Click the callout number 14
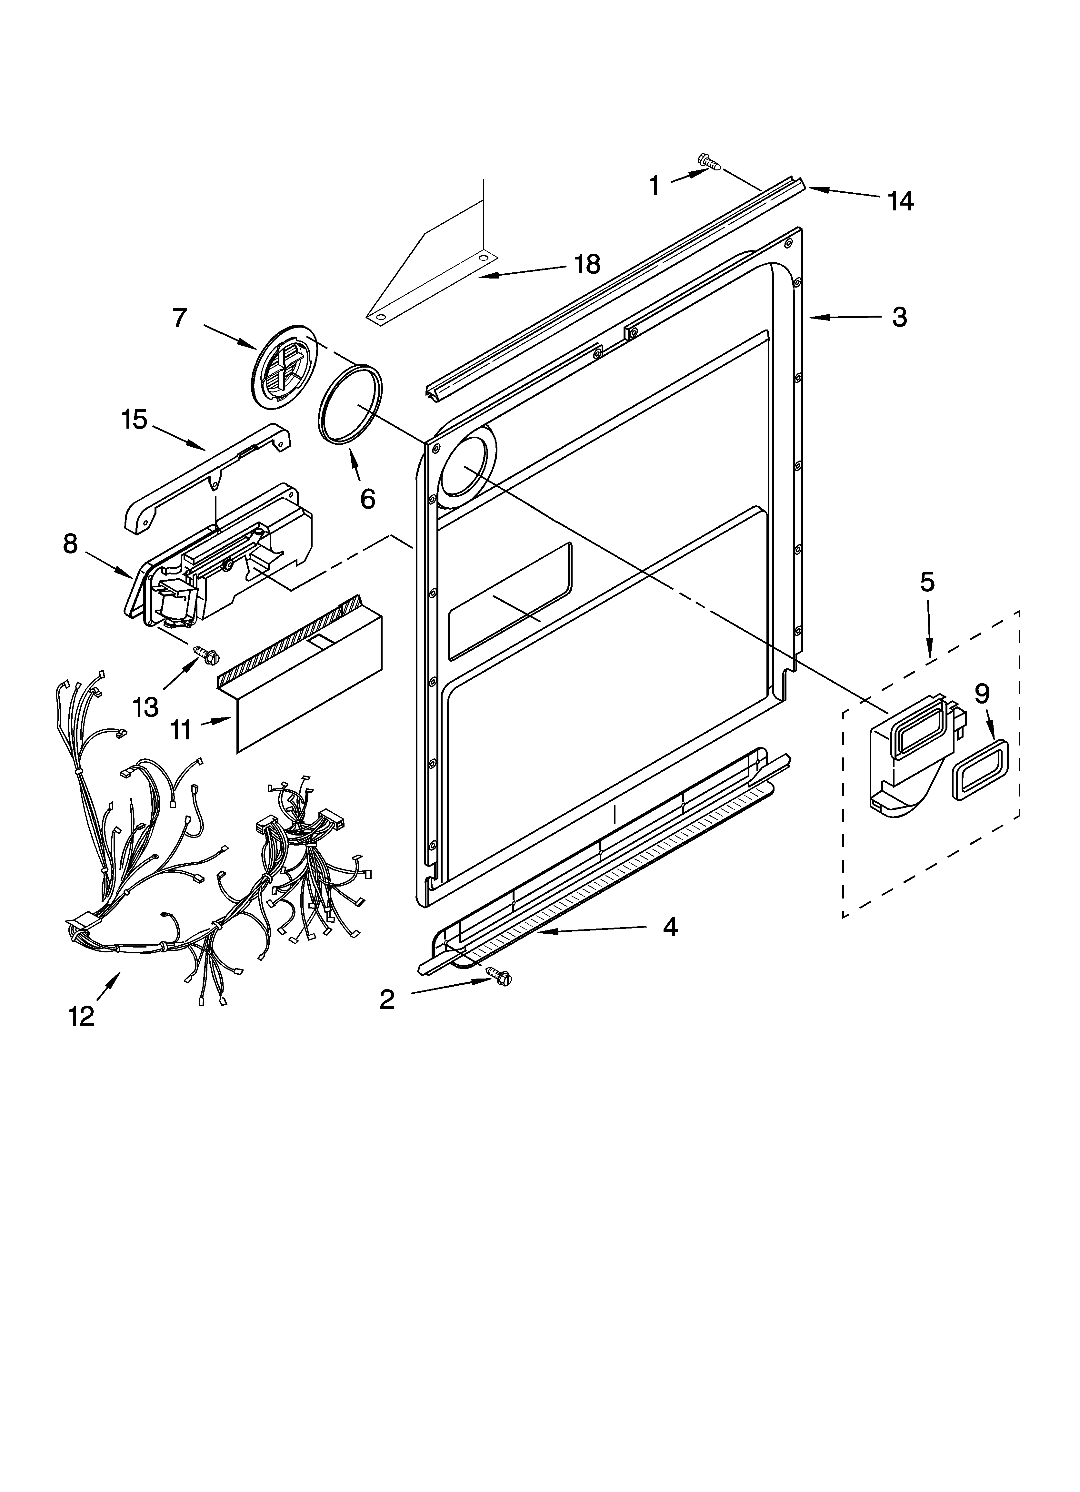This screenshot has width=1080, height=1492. [x=900, y=201]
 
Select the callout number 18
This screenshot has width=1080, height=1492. [x=587, y=264]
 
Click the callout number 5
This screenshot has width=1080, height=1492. [x=927, y=582]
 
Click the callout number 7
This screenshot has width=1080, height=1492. [x=180, y=319]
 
